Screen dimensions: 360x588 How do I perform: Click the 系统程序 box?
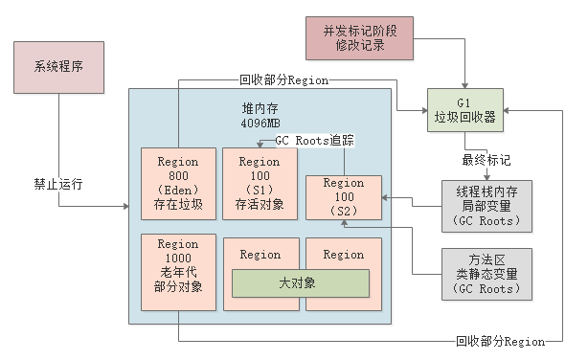pos(59,68)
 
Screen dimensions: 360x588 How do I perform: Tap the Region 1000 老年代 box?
pos(178,272)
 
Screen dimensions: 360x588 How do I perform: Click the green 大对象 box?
pos(301,282)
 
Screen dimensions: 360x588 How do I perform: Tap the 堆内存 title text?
pos(260,108)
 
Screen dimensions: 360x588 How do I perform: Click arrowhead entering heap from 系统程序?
pos(124,206)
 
